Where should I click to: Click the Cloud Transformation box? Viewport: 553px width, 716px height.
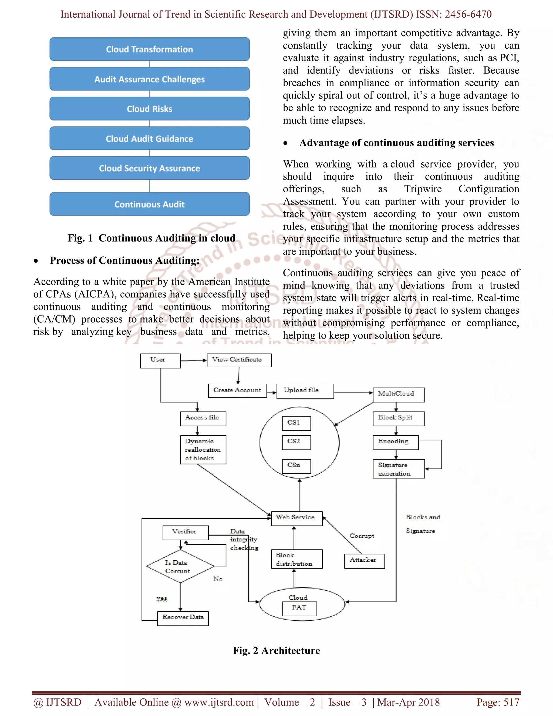[149, 49]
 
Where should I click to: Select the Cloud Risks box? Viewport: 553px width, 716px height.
[149, 109]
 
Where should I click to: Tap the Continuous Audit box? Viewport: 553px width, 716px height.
[149, 204]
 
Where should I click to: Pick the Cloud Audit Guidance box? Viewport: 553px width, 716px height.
[149, 139]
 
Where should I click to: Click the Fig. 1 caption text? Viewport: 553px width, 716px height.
[151, 238]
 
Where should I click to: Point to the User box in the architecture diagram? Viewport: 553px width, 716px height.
[160, 361]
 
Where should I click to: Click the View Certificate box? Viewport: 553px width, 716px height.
[239, 360]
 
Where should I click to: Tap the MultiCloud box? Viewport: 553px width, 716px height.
[399, 395]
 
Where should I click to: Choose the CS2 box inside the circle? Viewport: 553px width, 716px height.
[296, 442]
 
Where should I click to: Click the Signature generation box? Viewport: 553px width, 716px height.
[399, 469]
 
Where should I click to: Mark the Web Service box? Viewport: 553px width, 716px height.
[297, 518]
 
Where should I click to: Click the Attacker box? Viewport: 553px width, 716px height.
[364, 561]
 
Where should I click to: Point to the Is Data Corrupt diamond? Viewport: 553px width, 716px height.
[180, 566]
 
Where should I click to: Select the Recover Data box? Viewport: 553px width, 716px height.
[183, 618]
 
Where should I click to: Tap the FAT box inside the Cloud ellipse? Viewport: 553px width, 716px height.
[299, 608]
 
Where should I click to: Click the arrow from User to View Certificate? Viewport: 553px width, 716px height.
[194, 361]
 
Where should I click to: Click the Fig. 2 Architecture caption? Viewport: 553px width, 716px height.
[276, 650]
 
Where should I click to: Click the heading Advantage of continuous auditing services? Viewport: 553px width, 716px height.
[396, 143]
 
